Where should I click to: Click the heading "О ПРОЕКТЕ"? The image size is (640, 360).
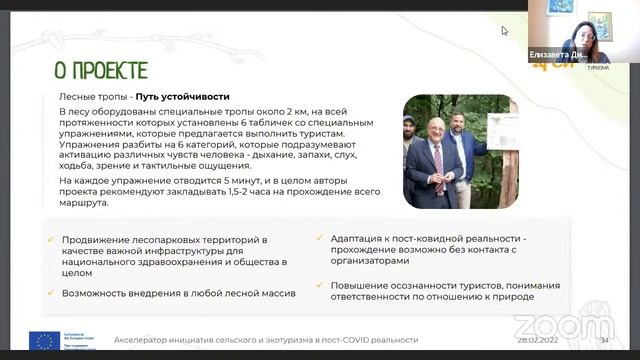100,69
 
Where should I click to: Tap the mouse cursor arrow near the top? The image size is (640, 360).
505,31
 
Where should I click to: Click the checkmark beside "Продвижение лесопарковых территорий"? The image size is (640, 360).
50,240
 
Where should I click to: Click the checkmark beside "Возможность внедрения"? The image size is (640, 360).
50,293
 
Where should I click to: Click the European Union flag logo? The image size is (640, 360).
42,340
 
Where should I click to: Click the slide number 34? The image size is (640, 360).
603,340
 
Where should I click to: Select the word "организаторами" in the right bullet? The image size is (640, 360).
368,261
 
